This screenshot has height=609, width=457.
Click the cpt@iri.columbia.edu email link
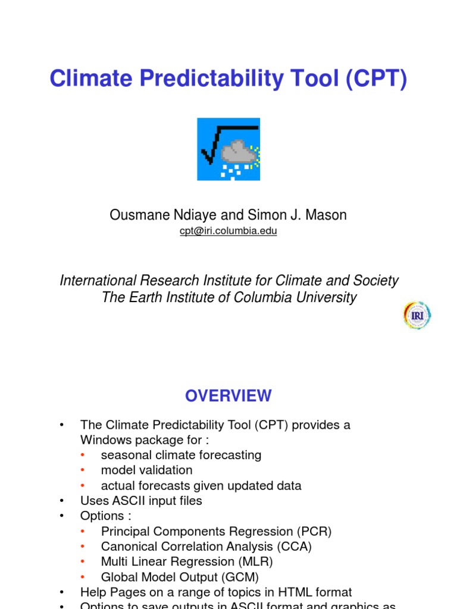[x=228, y=231]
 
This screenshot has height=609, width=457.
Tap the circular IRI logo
[x=417, y=315]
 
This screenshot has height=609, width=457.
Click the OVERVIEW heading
[x=228, y=395]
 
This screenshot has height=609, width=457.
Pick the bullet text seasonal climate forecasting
[x=181, y=455]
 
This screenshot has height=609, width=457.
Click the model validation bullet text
[x=146, y=470]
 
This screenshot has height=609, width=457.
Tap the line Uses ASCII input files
[x=141, y=501]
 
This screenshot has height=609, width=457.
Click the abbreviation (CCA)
[x=294, y=546]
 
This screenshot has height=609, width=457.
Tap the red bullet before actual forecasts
[x=83, y=485]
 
